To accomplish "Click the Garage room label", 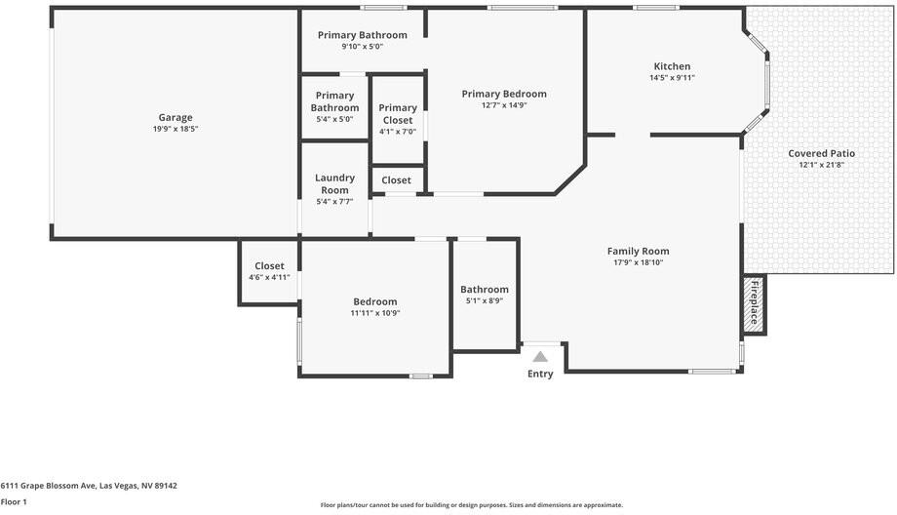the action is point(175,117).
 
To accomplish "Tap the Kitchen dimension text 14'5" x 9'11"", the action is point(672,78).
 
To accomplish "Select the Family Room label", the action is point(638,251).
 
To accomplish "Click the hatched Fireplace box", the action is point(755,303).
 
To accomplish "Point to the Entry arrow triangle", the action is point(540,357).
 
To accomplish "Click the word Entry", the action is point(540,374).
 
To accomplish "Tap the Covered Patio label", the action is point(822,153).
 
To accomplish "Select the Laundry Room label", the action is point(334,183).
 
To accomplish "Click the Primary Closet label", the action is point(398,114).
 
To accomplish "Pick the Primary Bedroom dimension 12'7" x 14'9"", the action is point(504,105).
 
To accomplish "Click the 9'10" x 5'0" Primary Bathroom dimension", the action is point(362,47).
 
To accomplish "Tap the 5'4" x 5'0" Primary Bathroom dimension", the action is point(334,119).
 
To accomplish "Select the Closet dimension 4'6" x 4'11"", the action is point(269,278).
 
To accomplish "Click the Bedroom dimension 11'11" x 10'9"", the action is point(375,313).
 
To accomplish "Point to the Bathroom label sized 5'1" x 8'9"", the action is point(484,289).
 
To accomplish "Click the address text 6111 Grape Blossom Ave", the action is point(48,486).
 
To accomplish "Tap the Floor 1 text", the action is point(14,502).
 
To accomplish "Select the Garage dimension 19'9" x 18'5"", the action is point(175,129).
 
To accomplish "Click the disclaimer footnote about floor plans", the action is point(471,505).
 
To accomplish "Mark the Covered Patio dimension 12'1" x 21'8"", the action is point(822,165).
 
